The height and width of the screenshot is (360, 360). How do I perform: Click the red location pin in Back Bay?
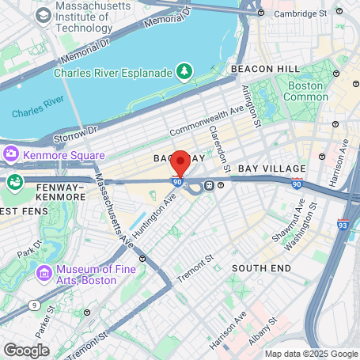180,163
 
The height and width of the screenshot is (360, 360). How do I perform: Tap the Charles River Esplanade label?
113,73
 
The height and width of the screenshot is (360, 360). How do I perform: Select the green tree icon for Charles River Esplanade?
184,72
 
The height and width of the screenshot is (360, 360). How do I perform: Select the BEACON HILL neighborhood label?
265,70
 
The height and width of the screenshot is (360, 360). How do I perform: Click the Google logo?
26,349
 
